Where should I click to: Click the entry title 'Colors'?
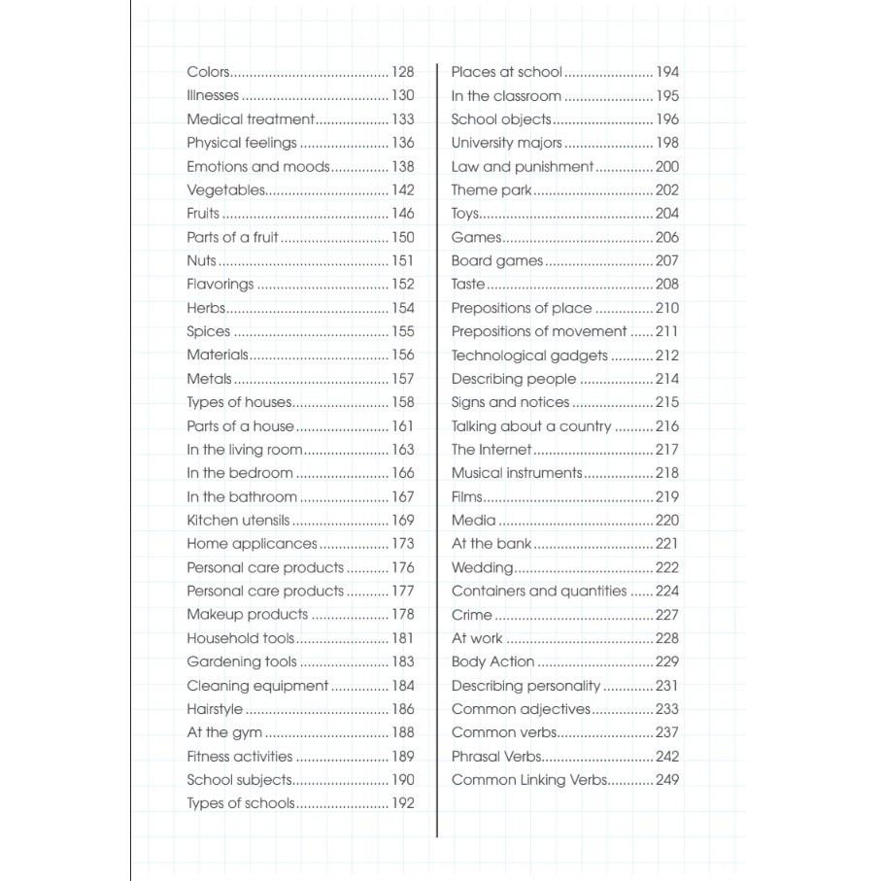click(x=208, y=72)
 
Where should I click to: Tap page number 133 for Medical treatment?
click(x=402, y=119)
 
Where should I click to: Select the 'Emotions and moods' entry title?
click(x=258, y=167)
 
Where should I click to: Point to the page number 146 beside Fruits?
click(x=402, y=214)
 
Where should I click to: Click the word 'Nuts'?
click(x=201, y=261)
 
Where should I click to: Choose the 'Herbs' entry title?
click(x=206, y=308)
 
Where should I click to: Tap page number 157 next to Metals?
click(x=402, y=379)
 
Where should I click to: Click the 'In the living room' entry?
click(x=245, y=450)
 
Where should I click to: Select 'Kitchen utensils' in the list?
click(x=238, y=521)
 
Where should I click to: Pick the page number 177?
click(x=402, y=592)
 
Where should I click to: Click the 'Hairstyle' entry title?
click(x=215, y=709)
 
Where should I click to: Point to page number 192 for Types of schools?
click(x=402, y=803)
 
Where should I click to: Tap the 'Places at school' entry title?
click(x=506, y=72)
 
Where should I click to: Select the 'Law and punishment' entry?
click(x=522, y=167)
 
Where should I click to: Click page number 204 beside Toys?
click(x=667, y=214)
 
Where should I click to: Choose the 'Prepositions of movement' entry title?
click(x=539, y=332)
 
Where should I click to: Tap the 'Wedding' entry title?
click(x=482, y=568)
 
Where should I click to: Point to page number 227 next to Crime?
click(x=667, y=615)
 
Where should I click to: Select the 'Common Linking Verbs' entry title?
click(x=529, y=780)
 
